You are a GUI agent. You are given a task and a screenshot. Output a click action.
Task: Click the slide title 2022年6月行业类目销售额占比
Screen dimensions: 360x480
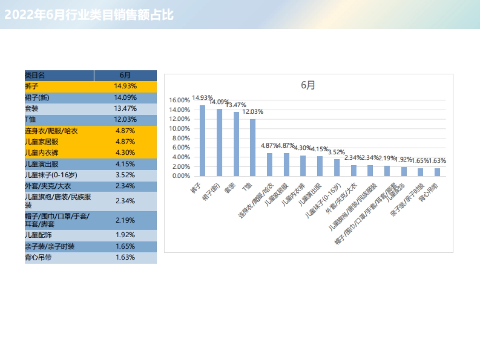pyautogui.click(x=89, y=15)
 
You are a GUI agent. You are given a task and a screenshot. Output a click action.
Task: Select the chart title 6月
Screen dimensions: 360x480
pyautogui.click(x=308, y=85)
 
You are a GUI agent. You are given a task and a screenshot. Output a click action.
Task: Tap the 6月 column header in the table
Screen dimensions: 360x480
pyautogui.click(x=125, y=75)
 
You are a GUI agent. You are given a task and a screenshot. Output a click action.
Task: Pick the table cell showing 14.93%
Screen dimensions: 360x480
pyautogui.click(x=125, y=86)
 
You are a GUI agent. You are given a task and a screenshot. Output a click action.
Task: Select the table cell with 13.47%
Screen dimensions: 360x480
pyautogui.click(x=125, y=108)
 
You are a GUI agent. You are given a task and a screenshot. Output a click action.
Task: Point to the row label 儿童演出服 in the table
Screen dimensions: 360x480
pyautogui.click(x=42, y=164)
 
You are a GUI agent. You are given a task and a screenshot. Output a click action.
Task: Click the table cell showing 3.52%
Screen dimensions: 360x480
pyautogui.click(x=125, y=175)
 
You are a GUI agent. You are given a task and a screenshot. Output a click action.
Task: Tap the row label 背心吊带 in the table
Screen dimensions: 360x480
pyautogui.click(x=38, y=257)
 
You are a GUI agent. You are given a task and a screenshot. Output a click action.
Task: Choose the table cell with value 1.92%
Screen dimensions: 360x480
pyautogui.click(x=125, y=235)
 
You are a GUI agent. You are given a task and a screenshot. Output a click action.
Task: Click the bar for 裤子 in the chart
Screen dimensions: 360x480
pyautogui.click(x=202, y=141)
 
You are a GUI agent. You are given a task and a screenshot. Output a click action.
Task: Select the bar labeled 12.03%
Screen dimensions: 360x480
pyautogui.click(x=253, y=148)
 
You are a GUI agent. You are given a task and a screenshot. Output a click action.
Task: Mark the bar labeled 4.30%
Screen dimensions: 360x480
pyautogui.click(x=303, y=166)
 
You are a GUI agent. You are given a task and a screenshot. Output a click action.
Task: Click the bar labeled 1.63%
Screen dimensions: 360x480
pyautogui.click(x=437, y=172)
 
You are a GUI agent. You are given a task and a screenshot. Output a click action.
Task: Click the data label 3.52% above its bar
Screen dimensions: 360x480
pyautogui.click(x=336, y=152)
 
